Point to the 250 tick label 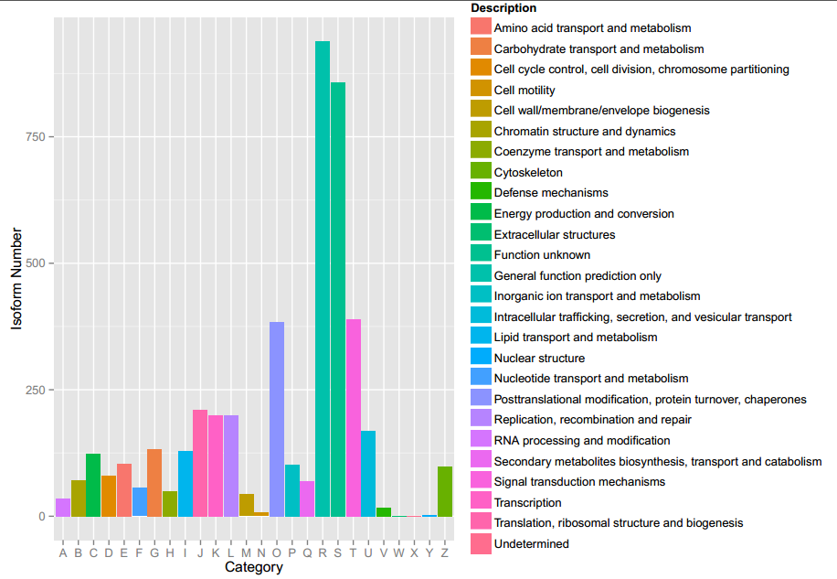coord(35,391)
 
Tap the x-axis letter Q coord(307,552)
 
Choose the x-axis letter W coord(399,552)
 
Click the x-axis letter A coord(63,552)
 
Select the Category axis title coord(253,567)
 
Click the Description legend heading coord(503,8)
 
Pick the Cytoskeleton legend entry coord(528,173)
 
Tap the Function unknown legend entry coord(542,255)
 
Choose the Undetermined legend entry coord(531,544)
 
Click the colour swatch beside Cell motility coord(481,90)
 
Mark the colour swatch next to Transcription coord(481,502)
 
